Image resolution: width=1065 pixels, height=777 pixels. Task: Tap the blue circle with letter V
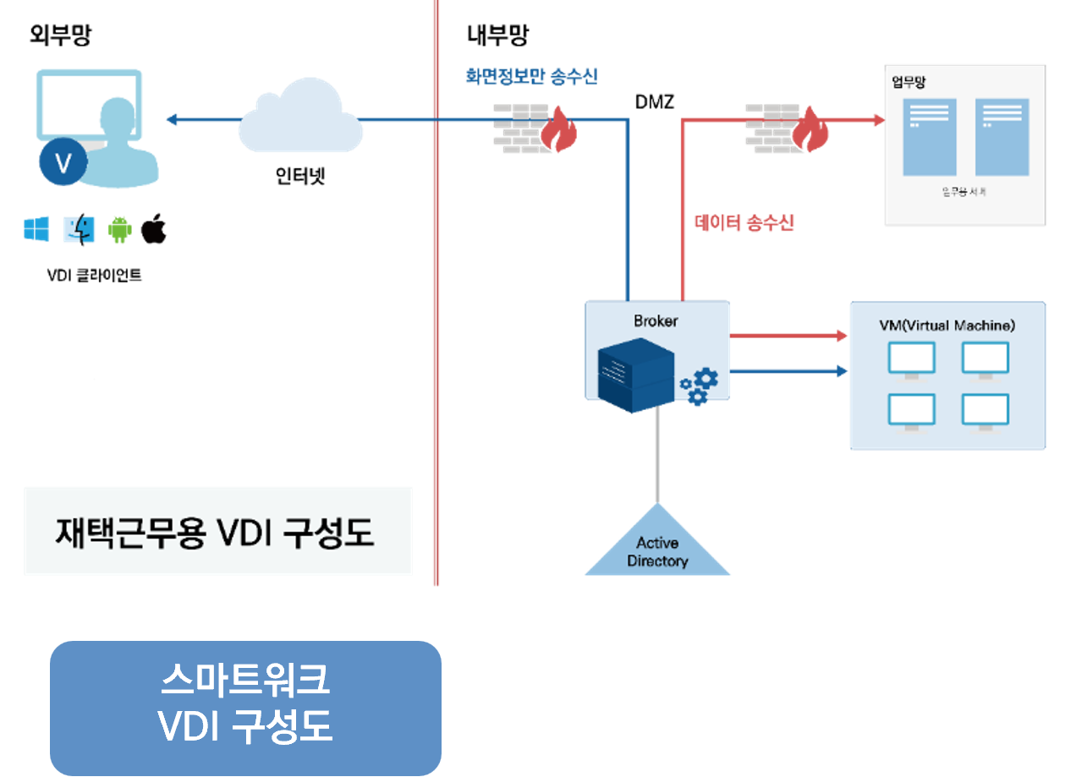63,163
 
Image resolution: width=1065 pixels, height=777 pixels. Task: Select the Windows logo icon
36,229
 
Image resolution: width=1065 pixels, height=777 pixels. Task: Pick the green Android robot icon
119,230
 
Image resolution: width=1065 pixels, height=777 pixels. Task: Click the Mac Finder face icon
80,229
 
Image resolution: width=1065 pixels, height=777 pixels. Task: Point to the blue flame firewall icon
535,128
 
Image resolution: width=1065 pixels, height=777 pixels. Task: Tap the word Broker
656,321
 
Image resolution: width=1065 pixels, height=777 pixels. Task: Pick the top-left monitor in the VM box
911,360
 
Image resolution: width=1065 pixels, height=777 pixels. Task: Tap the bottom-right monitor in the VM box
985,412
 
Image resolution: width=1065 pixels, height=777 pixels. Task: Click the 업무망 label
909,82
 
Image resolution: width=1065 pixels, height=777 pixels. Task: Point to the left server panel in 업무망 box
929,137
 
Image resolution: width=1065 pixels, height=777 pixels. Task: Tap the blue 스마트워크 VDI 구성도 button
245,707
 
